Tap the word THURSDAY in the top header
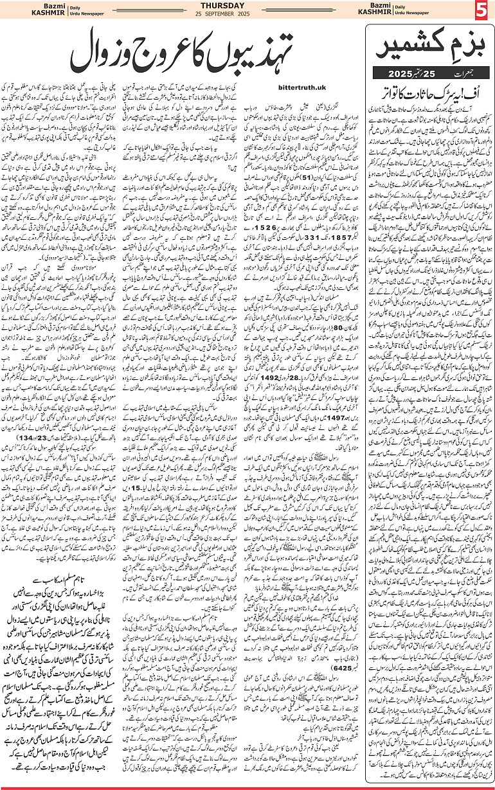coord(247,6)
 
